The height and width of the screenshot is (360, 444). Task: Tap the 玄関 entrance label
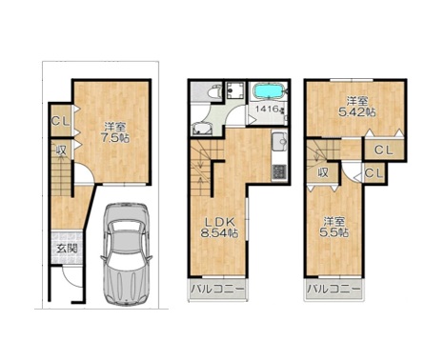coord(68,249)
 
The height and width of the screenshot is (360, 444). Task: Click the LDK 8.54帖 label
coord(219,228)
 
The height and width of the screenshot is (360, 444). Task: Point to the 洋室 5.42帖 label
coord(357,107)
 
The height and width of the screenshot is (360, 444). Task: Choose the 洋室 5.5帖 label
coord(334,227)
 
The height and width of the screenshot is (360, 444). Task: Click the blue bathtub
coord(268,90)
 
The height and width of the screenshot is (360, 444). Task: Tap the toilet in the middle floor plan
coord(214,91)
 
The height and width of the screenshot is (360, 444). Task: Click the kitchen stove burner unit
coord(279,172)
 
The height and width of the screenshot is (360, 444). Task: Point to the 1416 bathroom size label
coord(268,109)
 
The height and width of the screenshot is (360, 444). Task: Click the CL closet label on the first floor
coord(61,121)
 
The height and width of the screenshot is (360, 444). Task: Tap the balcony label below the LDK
coord(218,289)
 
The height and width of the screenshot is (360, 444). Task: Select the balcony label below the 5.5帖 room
coord(333,289)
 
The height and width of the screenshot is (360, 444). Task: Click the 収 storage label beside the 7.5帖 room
coord(61,150)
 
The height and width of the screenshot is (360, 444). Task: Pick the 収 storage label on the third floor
coord(323,173)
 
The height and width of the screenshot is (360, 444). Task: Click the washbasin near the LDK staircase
coord(201,129)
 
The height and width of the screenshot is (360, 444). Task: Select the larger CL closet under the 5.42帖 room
coord(384,150)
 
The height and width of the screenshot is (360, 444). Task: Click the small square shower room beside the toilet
coord(235,90)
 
